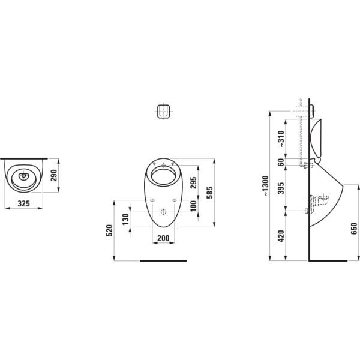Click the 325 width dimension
click(x=24, y=203)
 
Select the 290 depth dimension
click(x=54, y=175)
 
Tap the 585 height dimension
click(x=209, y=193)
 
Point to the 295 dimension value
click(x=194, y=183)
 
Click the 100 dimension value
click(x=194, y=206)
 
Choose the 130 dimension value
click(x=125, y=219)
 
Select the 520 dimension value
click(x=110, y=230)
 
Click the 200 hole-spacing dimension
click(x=163, y=238)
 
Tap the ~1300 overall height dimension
click(x=265, y=186)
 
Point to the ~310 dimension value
click(x=281, y=139)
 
